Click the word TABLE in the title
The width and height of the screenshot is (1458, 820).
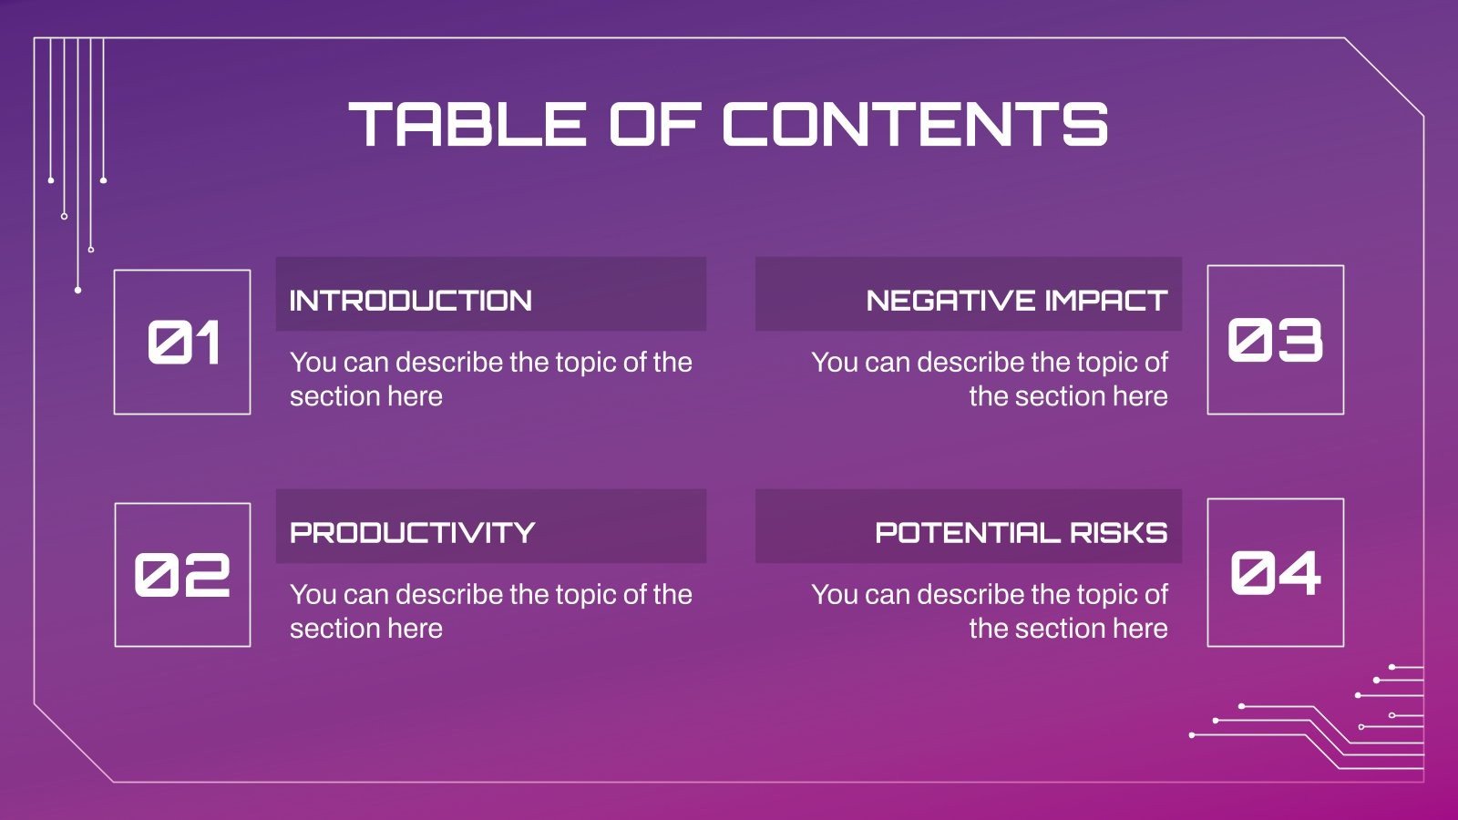467,125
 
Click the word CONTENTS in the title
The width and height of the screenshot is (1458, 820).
915,125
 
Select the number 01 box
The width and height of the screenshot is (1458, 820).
182,343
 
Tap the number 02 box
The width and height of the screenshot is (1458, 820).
182,575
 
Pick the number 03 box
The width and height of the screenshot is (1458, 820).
1275,340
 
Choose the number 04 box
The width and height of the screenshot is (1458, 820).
1275,573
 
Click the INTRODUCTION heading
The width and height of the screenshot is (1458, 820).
410,301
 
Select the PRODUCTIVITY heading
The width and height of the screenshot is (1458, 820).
412,533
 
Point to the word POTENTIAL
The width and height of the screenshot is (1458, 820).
967,533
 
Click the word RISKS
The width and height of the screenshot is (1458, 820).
1119,533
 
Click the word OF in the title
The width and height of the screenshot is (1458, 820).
654,125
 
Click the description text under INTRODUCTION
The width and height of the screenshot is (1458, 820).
490,379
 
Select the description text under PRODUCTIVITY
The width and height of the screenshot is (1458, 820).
490,611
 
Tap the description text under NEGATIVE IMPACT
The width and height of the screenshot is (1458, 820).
990,379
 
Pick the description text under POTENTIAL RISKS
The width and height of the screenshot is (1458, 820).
990,611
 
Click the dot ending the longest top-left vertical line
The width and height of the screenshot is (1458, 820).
77,290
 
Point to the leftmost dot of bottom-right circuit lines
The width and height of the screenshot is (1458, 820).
1192,734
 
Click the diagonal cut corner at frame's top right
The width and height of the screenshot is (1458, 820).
1384,77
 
